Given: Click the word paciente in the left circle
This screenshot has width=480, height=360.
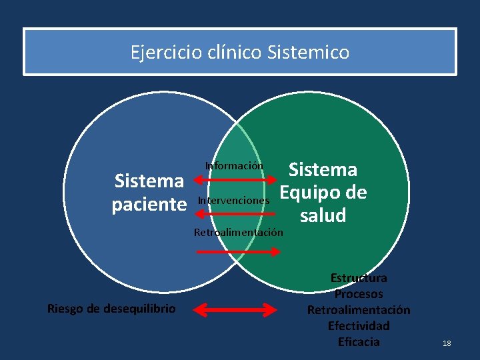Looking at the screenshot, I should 149,204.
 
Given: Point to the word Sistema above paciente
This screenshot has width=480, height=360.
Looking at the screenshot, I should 149,181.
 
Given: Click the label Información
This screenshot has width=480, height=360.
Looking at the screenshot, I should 234,165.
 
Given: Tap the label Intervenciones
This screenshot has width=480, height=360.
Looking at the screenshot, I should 234,200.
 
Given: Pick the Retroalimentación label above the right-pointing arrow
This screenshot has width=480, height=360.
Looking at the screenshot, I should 238,233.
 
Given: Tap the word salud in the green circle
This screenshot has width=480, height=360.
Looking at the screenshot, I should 323,215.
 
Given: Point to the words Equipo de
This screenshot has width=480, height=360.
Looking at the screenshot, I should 323,193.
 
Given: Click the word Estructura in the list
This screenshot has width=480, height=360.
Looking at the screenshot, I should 359,277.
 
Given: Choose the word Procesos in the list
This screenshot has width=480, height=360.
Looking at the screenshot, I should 359,293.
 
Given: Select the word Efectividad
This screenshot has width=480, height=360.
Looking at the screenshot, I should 359,326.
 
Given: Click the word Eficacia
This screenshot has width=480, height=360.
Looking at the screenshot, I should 359,342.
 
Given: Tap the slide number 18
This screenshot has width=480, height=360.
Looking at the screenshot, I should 447,343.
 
